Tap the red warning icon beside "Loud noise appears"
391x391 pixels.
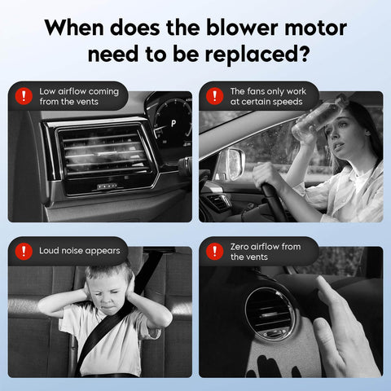pos(24,251)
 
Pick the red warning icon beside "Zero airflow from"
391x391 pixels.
pos(215,251)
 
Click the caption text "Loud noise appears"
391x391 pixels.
pos(79,251)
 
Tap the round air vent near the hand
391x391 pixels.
pos(270,312)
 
